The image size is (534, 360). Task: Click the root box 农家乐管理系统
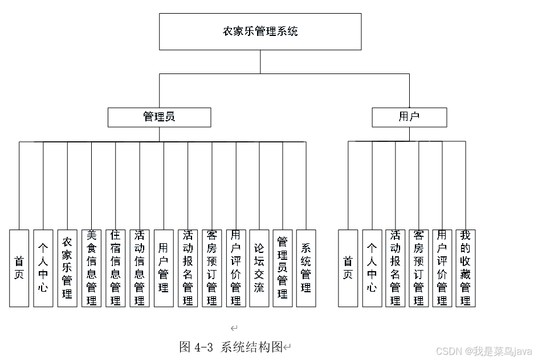click(x=260, y=32)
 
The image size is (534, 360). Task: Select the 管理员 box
click(x=159, y=117)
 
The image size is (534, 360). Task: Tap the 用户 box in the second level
click(x=409, y=117)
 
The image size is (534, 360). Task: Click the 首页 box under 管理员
click(x=19, y=268)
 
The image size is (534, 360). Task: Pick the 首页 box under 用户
click(x=348, y=268)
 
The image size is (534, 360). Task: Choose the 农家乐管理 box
click(x=67, y=268)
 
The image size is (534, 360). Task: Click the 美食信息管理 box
click(x=91, y=268)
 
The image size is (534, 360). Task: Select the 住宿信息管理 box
click(x=115, y=268)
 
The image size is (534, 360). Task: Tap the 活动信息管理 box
click(x=139, y=268)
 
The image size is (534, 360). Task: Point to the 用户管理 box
click(x=164, y=268)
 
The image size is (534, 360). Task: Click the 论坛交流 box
click(x=259, y=268)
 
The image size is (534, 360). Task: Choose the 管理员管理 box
click(x=283, y=268)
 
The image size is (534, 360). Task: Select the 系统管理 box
click(x=306, y=268)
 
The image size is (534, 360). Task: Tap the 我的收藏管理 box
click(x=465, y=268)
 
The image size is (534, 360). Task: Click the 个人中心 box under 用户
click(x=372, y=268)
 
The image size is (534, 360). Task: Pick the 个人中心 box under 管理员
click(x=43, y=268)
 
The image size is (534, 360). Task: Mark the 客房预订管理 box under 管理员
click(x=211, y=268)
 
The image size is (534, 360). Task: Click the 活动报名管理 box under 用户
click(x=395, y=268)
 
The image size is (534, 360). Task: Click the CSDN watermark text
click(x=484, y=351)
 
